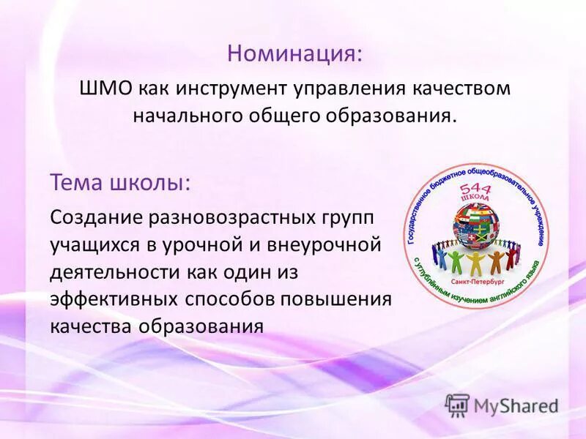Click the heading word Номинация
[x=294, y=53]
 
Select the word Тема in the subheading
[x=75, y=181]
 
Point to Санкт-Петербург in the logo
[x=475, y=279]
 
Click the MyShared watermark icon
[x=457, y=405]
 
